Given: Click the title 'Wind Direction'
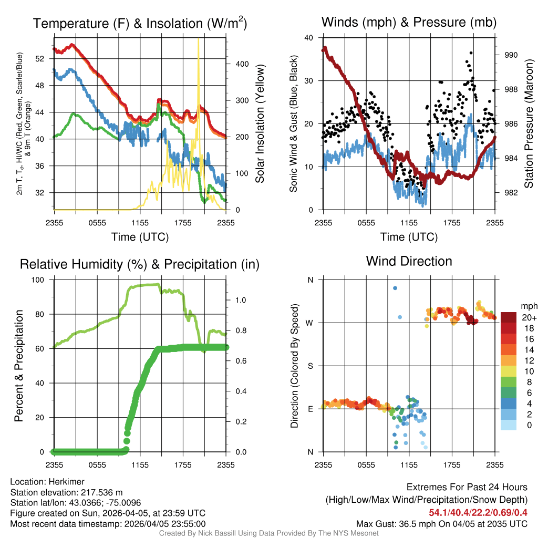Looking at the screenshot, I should [409, 261].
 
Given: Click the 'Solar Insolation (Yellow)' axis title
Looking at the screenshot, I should [260, 124].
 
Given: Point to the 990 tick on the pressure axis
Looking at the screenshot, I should [512, 55].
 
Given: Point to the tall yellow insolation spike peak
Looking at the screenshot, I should [198, 39].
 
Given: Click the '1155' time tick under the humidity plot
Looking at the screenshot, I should [140, 464].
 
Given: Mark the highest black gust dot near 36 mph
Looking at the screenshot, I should [471, 53].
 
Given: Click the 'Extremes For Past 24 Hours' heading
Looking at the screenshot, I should [467, 488].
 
